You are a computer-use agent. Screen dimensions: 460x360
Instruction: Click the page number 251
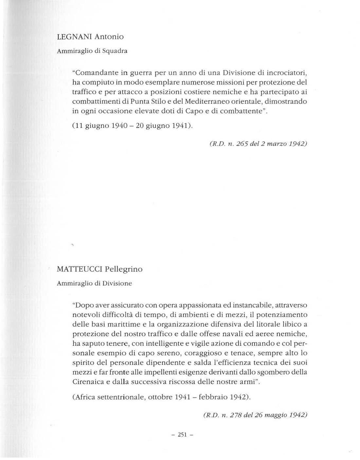click(182, 434)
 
